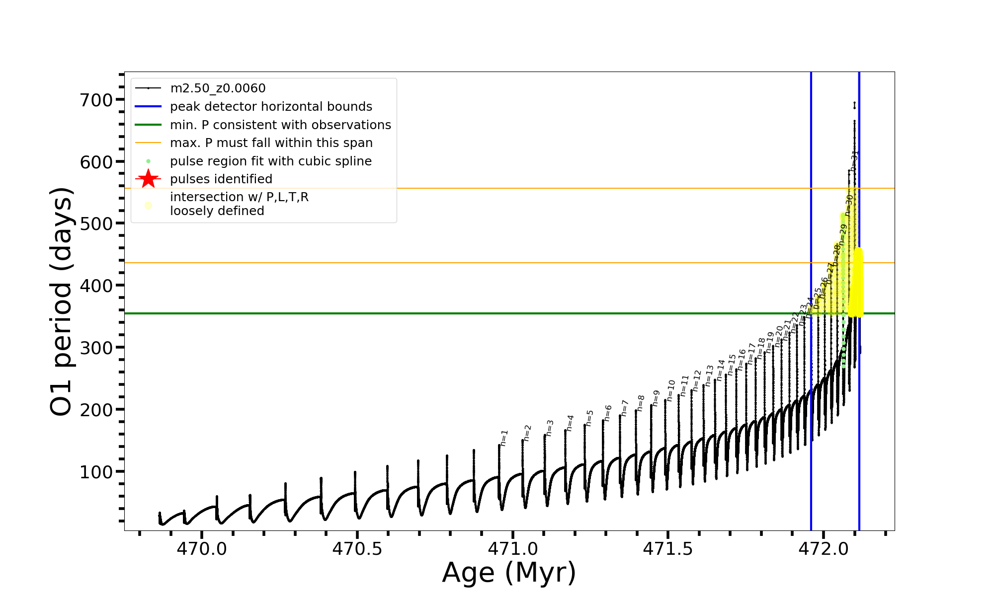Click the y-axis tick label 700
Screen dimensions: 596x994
(x=96, y=100)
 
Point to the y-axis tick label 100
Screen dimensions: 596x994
(x=96, y=472)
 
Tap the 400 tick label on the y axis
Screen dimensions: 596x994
(x=96, y=286)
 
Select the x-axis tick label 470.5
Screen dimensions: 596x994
(x=357, y=549)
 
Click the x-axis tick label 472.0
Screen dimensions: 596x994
(x=824, y=549)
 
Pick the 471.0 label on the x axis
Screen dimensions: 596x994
(x=512, y=549)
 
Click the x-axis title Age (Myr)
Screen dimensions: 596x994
(x=509, y=573)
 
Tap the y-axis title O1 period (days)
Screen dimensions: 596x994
(x=62, y=301)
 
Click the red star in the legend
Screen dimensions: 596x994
(x=148, y=179)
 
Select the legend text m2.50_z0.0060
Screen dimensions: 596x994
(x=218, y=88)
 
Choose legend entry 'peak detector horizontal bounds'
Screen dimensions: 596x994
(x=271, y=107)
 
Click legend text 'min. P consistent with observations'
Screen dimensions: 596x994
(x=280, y=125)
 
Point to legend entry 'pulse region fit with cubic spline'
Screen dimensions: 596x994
(x=270, y=161)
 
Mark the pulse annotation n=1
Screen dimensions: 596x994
(x=504, y=438)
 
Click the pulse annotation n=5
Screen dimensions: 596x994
(x=589, y=418)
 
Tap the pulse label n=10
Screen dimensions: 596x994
(x=671, y=390)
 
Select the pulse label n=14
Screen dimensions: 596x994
(x=721, y=371)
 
